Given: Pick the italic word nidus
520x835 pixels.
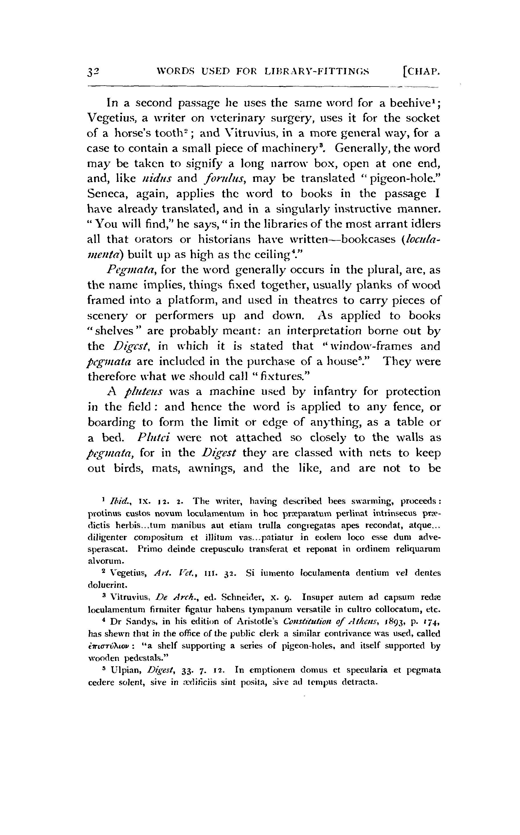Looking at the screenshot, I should click(x=159, y=179).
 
